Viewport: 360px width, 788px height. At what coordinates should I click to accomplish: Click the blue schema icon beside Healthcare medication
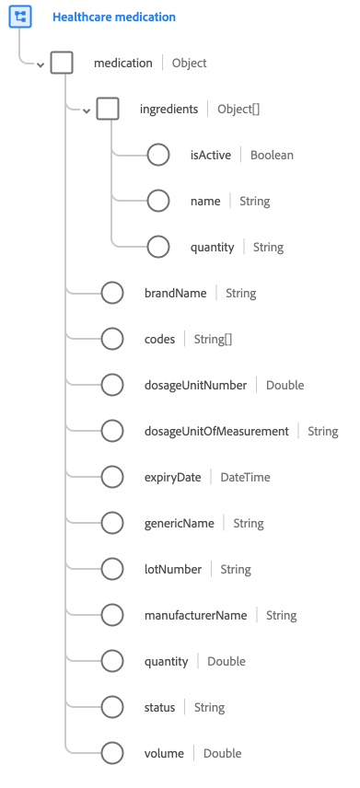click(20, 17)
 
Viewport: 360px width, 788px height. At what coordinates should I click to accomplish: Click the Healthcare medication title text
click(114, 17)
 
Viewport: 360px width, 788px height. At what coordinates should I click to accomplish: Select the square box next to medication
click(62, 63)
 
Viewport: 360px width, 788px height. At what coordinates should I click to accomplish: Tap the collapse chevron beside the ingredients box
click(86, 110)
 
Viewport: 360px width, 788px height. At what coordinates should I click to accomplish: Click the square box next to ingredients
click(108, 109)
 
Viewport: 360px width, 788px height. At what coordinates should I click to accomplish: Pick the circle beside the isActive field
click(158, 155)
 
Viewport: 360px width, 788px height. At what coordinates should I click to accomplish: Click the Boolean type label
click(272, 155)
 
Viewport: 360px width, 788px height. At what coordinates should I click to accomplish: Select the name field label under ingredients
click(204, 201)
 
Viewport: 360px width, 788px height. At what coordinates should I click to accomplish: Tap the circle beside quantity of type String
click(158, 247)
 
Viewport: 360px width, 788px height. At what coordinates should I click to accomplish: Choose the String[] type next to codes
click(213, 339)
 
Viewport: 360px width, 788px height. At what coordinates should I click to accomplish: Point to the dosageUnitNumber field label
click(195, 385)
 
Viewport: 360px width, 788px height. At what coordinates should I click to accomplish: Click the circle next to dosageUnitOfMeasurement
click(112, 431)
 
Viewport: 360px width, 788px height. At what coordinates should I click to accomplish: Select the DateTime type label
click(245, 477)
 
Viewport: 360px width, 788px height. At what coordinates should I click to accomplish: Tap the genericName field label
click(180, 523)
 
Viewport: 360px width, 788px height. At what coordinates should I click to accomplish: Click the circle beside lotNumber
click(112, 569)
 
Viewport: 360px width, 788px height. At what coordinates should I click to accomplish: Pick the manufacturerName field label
click(196, 615)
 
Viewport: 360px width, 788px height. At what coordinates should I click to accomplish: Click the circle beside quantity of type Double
click(112, 661)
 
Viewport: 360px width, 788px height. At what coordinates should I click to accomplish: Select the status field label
click(159, 707)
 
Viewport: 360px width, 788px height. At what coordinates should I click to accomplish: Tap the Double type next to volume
click(222, 753)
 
